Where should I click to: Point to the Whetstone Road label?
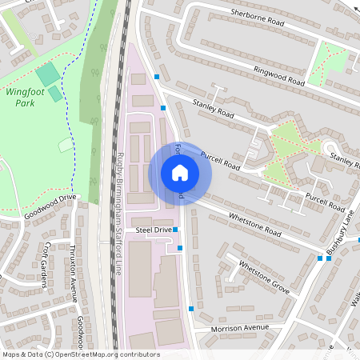pyautogui.click(x=255, y=223)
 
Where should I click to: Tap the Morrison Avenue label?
pyautogui.click(x=242, y=328)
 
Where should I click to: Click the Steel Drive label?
pyautogui.click(x=153, y=230)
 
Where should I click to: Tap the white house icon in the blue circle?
pyautogui.click(x=179, y=173)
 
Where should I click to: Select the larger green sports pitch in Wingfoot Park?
pyautogui.click(x=47, y=75)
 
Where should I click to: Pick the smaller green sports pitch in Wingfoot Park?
pyautogui.click(x=55, y=94)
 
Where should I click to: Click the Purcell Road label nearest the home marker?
pyautogui.click(x=220, y=159)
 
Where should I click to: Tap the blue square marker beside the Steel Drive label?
pyautogui.click(x=176, y=230)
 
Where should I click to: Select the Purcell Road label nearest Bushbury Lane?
pyautogui.click(x=325, y=200)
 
